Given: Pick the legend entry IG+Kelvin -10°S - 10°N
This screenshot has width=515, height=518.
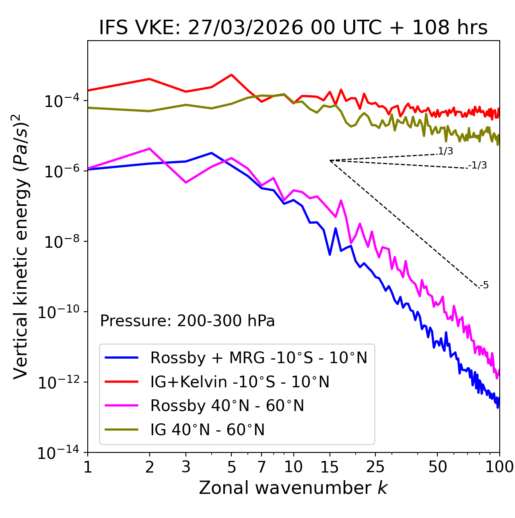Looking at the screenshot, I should click(x=240, y=382).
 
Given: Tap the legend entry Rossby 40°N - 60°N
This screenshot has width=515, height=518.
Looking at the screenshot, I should click(x=227, y=406).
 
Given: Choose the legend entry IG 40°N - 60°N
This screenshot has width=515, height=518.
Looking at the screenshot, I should click(x=207, y=430).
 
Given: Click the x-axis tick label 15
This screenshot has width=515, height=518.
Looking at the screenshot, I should click(x=330, y=467).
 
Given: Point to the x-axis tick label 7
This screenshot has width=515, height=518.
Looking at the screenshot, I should click(x=262, y=467).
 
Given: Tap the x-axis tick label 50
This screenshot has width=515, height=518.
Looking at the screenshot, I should click(x=437, y=467).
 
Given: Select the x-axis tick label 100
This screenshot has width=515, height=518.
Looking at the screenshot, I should click(x=499, y=467).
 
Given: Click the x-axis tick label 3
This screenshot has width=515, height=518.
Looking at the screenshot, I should click(x=186, y=467).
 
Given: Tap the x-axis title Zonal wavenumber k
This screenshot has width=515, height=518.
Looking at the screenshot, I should click(x=293, y=488).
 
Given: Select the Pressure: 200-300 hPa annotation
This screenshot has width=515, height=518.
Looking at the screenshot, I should click(x=187, y=321).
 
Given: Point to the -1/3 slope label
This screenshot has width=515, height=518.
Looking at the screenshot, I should click(x=478, y=165).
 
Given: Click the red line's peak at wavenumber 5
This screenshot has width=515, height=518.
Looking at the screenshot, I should click(x=231, y=74).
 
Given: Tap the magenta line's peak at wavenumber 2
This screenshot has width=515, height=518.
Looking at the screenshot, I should click(x=150, y=148).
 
